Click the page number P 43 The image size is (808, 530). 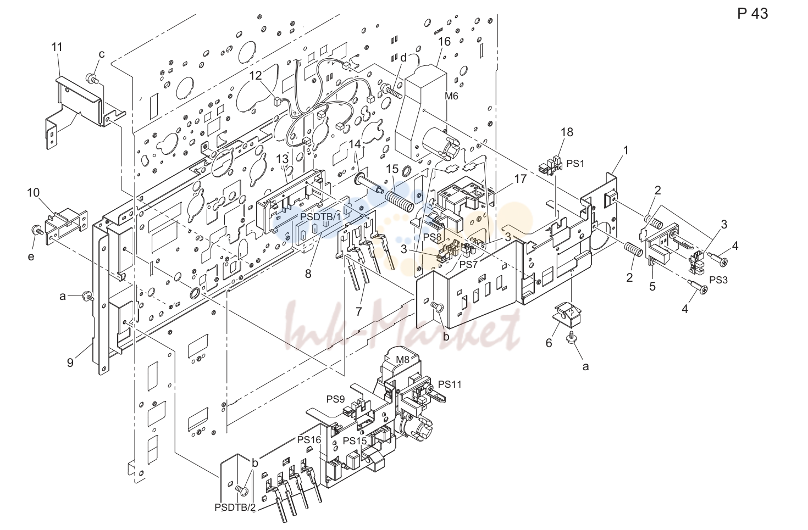pyautogui.click(x=752, y=14)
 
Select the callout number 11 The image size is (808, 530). pyautogui.click(x=57, y=47)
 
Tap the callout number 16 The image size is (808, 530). pyautogui.click(x=444, y=42)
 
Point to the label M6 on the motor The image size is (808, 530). pyautogui.click(x=451, y=96)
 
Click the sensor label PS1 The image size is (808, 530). pyautogui.click(x=575, y=163)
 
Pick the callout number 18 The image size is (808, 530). pyautogui.click(x=567, y=132)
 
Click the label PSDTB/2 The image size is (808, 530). pyautogui.click(x=235, y=507)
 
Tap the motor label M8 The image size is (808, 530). pyautogui.click(x=402, y=359)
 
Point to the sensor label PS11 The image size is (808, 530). pyautogui.click(x=450, y=384)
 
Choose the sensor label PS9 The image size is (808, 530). pyautogui.click(x=335, y=399)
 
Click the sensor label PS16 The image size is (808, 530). pyautogui.click(x=309, y=440)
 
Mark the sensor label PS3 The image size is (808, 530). pyautogui.click(x=718, y=280)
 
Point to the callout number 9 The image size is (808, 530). pyautogui.click(x=70, y=362)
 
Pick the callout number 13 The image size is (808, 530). pyautogui.click(x=283, y=159)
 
